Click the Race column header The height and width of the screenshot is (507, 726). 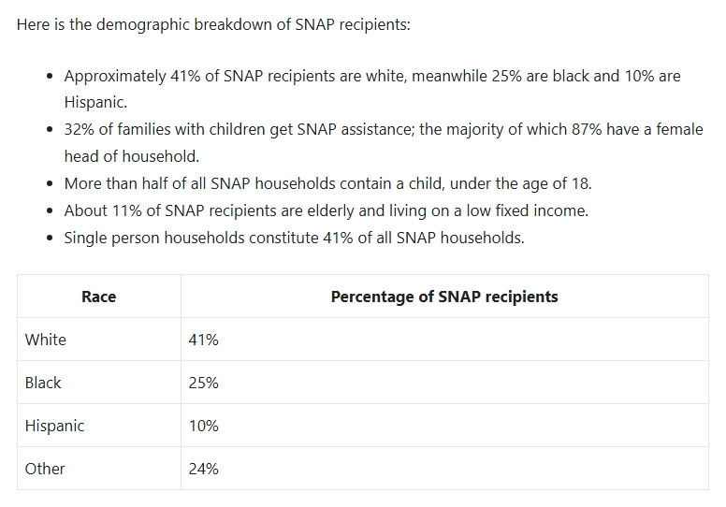(98, 297)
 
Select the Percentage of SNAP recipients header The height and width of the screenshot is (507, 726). (444, 297)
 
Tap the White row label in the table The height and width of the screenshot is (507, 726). (46, 340)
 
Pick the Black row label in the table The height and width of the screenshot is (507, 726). (43, 383)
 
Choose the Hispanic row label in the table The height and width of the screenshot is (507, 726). (54, 426)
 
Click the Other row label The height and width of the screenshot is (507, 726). (45, 469)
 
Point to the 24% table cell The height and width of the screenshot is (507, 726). (203, 469)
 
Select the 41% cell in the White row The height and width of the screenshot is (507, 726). (203, 340)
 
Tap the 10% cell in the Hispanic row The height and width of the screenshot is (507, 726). (203, 426)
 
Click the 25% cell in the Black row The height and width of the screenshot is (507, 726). (203, 383)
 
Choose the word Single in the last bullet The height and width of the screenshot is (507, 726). (86, 238)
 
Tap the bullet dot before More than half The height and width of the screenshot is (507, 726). (49, 183)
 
